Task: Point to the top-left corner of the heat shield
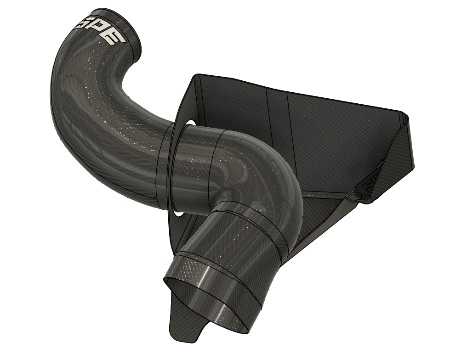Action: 197,76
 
